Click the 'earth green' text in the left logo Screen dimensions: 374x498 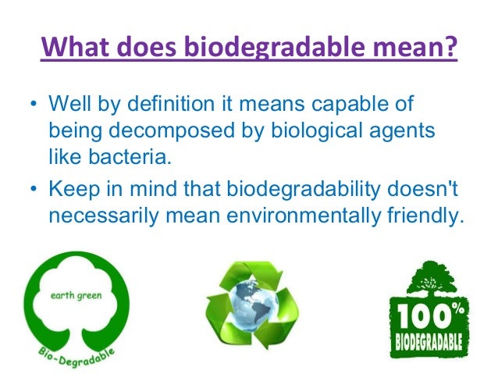75,295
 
